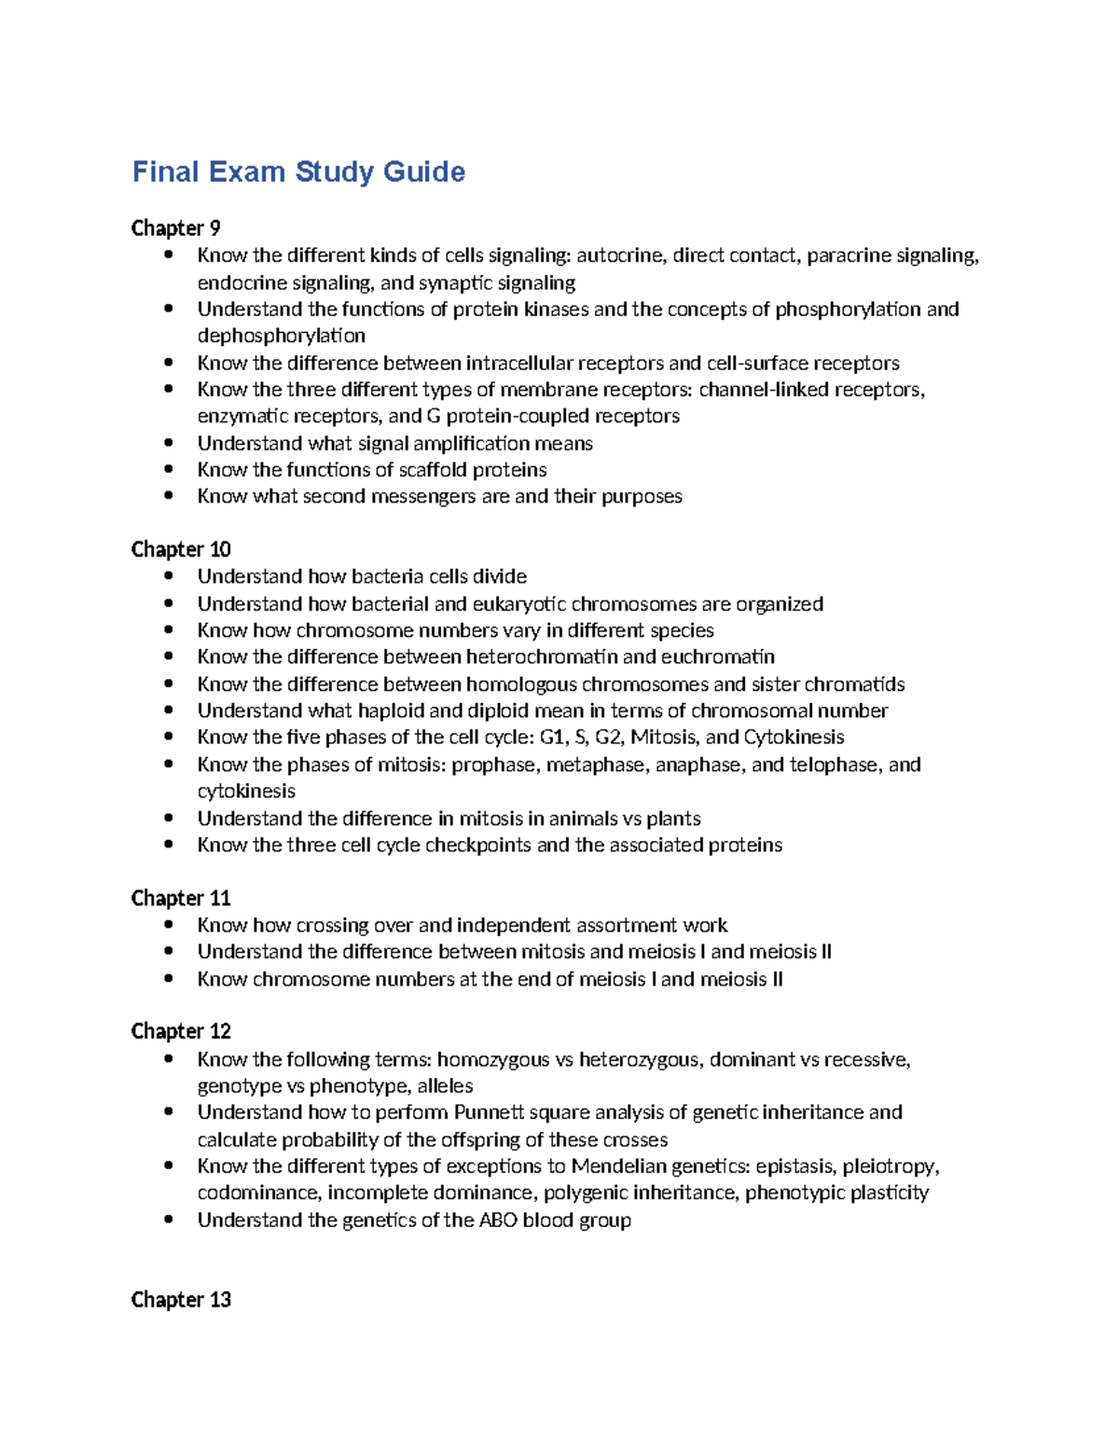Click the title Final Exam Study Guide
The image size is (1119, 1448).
pos(298,172)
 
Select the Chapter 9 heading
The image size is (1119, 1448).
pos(175,228)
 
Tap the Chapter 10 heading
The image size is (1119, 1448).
pos(181,549)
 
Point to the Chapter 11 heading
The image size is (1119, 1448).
pos(181,898)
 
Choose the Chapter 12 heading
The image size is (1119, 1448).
pos(181,1031)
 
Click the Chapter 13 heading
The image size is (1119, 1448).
pos(181,1300)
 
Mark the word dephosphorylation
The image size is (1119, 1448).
pos(281,336)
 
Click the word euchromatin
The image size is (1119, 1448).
pos(719,657)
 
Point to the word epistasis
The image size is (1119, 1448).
pos(795,1166)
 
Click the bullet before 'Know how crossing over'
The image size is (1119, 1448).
pos(168,925)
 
